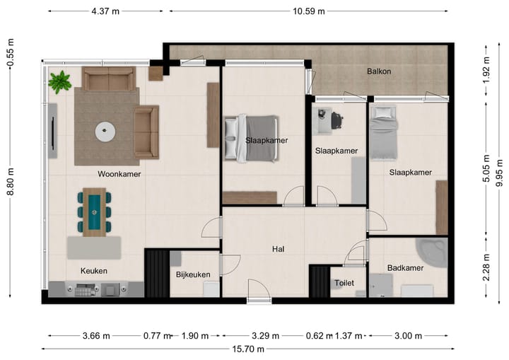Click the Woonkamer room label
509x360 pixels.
pos(119,174)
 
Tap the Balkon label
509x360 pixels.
pos(379,71)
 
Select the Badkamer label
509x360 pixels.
pos(405,268)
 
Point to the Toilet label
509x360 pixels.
pos(344,283)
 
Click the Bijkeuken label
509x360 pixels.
pos(193,274)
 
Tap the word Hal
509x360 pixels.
pos(279,249)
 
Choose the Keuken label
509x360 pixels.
pos(94,271)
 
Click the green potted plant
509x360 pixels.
pos(59,82)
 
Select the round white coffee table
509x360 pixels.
pos(105,132)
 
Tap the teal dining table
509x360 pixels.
pos(94,212)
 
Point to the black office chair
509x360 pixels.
pos(337,120)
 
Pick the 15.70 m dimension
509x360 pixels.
pos(248,349)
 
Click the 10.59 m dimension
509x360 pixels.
pos(309,11)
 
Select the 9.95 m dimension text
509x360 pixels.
pos(500,174)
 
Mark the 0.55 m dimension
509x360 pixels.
pos(11,52)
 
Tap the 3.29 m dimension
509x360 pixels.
pos(265,336)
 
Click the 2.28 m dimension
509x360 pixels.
pos(486,267)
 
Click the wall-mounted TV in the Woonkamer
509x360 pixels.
pos(52,131)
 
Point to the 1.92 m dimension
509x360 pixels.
pos(486,70)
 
